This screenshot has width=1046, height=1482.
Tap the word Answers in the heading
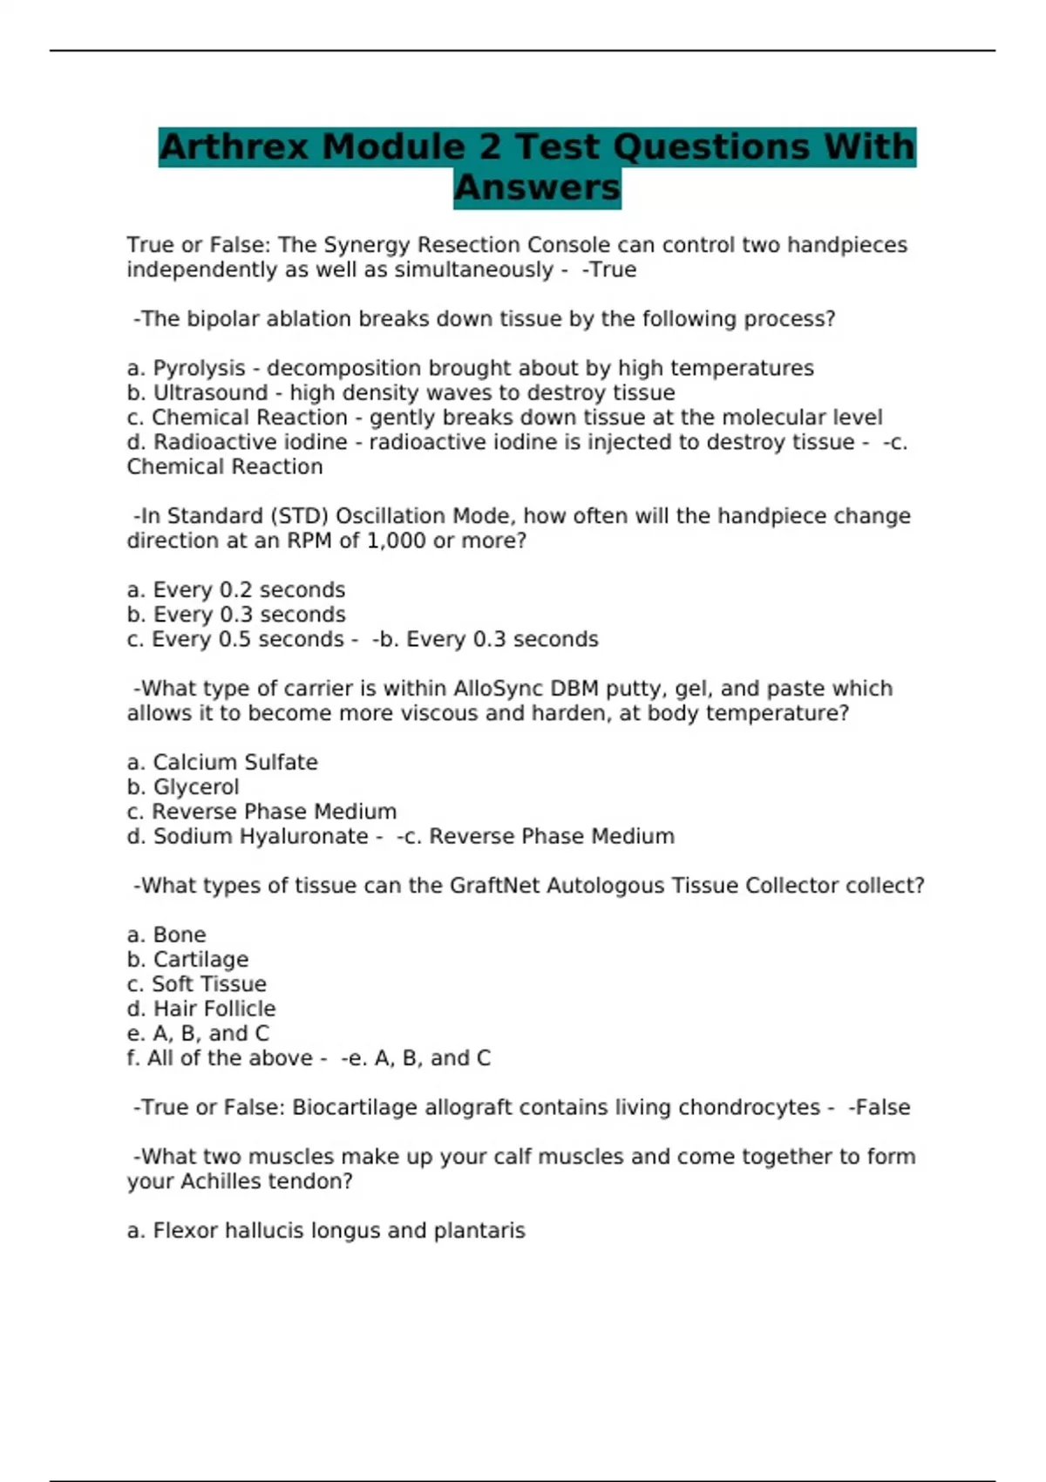[537, 187]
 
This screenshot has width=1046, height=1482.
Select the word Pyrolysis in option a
[199, 368]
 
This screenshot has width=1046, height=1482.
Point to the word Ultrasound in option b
[210, 393]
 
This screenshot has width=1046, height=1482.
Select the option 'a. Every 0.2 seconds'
[235, 590]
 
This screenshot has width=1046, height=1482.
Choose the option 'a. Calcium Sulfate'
[222, 762]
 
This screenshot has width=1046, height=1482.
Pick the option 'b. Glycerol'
[183, 787]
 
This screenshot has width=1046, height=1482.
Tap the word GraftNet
[495, 886]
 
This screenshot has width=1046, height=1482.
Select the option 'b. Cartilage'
[187, 960]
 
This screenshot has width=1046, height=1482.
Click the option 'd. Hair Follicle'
[201, 1009]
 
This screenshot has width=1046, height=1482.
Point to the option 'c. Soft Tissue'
[197, 984]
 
